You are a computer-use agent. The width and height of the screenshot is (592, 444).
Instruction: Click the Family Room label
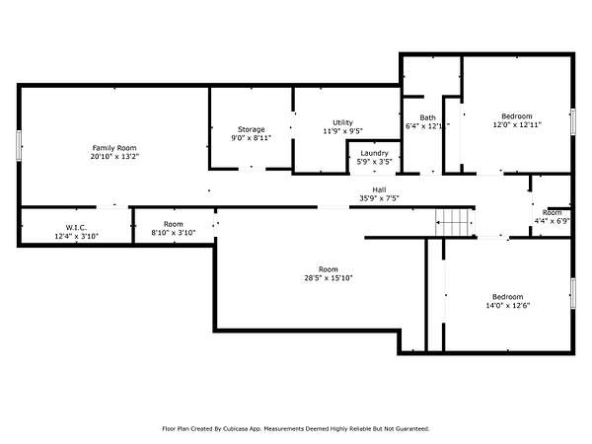[x=114, y=148]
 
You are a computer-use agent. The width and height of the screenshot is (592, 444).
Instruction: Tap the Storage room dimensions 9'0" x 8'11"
[x=251, y=138]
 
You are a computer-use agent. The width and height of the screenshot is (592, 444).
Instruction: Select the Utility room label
[x=342, y=122]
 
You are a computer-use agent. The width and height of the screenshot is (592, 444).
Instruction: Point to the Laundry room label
[x=374, y=153]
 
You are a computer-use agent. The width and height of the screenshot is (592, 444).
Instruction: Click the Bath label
[x=427, y=117]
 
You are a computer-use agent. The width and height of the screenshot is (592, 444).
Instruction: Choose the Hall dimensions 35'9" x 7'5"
[x=379, y=198]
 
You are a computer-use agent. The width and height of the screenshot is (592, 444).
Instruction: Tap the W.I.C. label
[x=76, y=228]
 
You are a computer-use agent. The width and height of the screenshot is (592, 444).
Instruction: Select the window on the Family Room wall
[x=18, y=145]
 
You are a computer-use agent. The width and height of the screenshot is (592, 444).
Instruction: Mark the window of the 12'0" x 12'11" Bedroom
[x=572, y=121]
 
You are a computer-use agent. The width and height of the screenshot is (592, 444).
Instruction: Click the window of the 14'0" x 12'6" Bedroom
[x=572, y=293]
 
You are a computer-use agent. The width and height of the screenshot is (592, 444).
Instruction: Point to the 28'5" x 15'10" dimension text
[x=329, y=278]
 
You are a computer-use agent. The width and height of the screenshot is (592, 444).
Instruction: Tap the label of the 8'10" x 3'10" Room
[x=174, y=224]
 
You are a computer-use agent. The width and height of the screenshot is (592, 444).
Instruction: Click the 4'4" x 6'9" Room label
[x=552, y=212]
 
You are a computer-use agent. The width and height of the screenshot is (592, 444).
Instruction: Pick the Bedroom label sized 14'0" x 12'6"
[x=508, y=297]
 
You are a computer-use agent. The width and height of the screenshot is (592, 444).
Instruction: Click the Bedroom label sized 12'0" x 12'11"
[x=517, y=116]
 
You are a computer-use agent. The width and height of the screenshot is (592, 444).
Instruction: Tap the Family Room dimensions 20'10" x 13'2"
[x=114, y=156]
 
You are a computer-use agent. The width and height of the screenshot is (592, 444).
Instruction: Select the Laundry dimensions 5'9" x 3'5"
[x=375, y=162]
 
